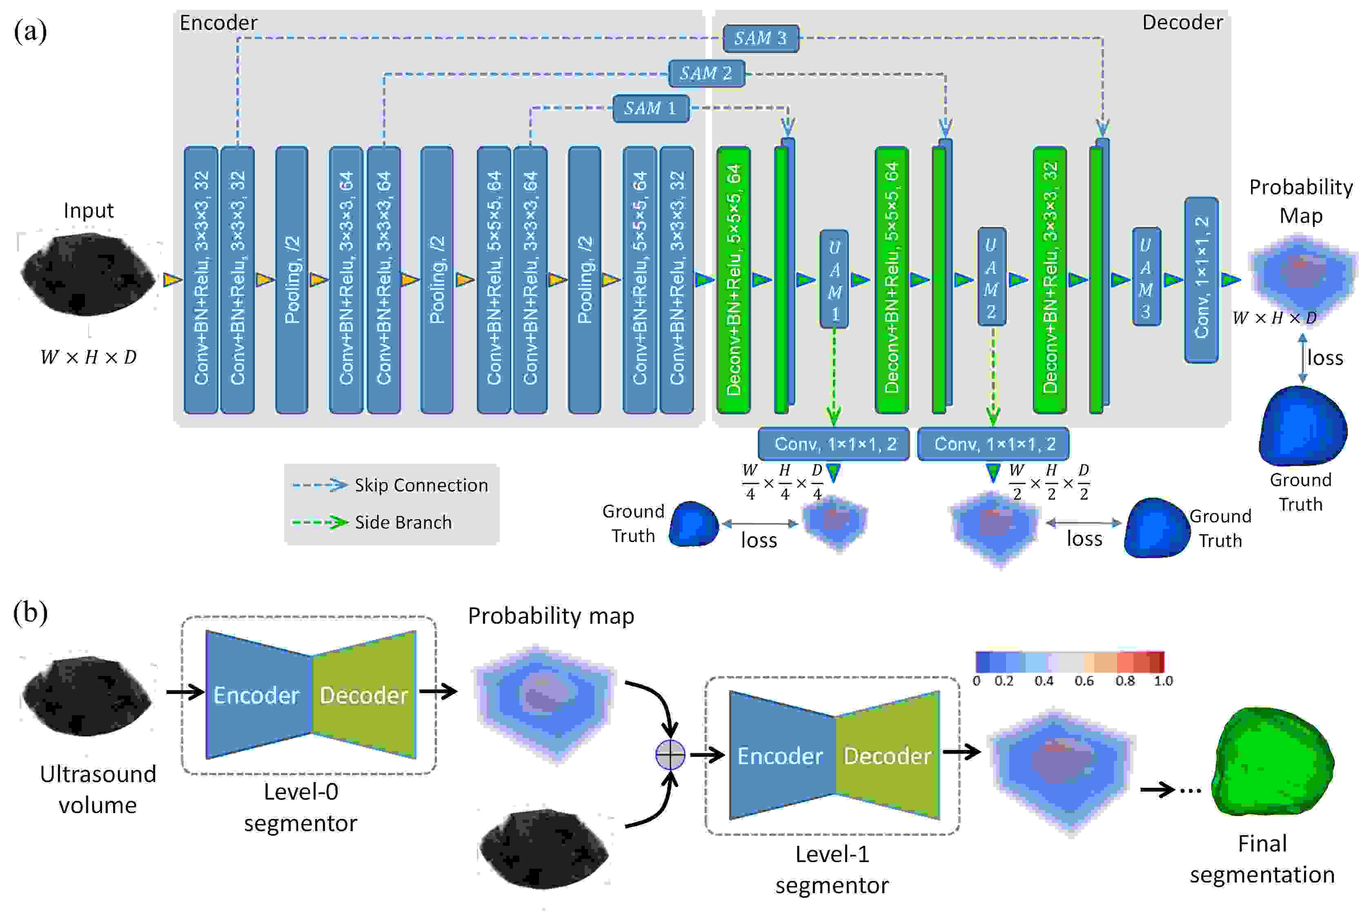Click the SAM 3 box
pyautogui.click(x=760, y=38)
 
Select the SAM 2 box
pyautogui.click(x=706, y=73)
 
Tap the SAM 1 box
pyautogui.click(x=651, y=109)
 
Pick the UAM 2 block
pyautogui.click(x=992, y=277)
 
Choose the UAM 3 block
pyautogui.click(x=1146, y=277)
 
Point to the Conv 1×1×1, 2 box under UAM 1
pyautogui.click(x=834, y=444)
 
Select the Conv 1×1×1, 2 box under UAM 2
pyautogui.click(x=993, y=444)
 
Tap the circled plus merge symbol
pyautogui.click(x=670, y=755)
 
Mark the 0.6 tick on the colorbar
pyautogui.click(x=1084, y=681)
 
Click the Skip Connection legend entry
pyautogui.click(x=390, y=485)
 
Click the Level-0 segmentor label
pyautogui.click(x=301, y=807)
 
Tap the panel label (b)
pyautogui.click(x=30, y=613)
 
